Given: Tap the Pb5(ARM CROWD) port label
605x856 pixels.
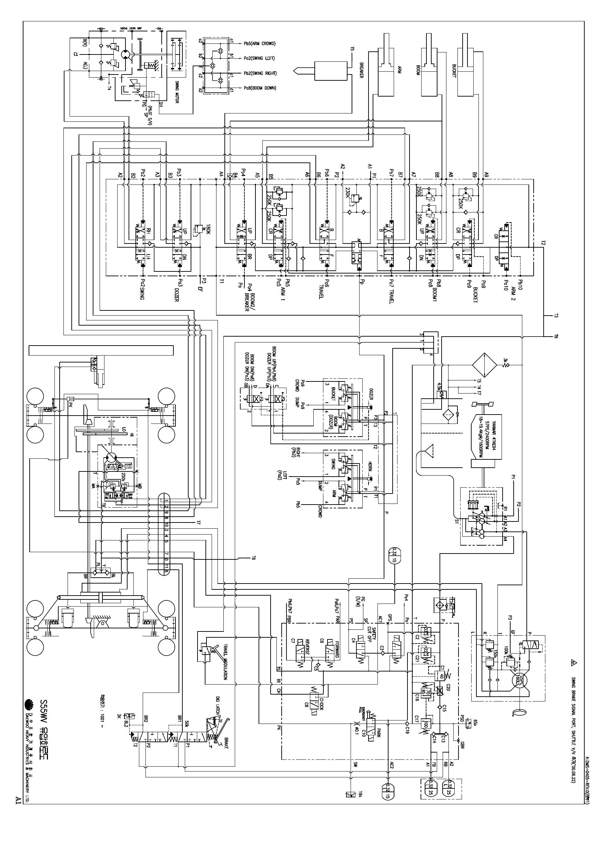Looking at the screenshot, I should coord(260,43).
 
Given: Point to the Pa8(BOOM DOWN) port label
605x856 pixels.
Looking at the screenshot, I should coord(260,88).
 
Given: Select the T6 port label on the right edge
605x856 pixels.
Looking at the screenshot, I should coord(556,336).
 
